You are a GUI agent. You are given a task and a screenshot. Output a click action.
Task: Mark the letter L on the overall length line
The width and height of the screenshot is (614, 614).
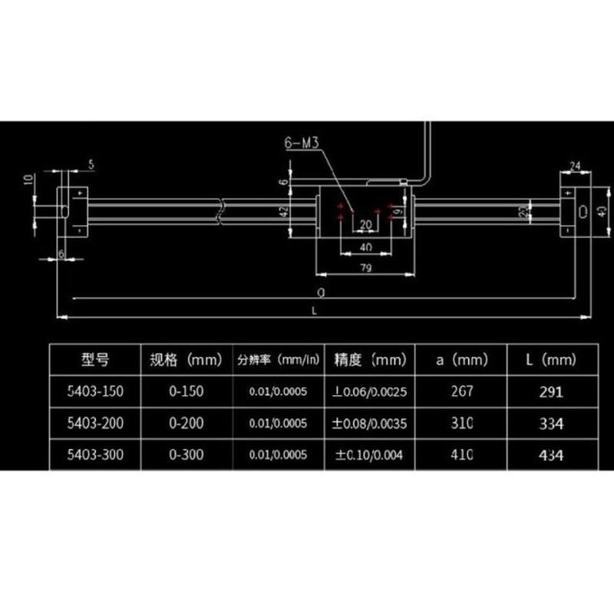coord(316,309)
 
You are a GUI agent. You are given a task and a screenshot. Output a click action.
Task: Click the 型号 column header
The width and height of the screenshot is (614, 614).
coord(95,359)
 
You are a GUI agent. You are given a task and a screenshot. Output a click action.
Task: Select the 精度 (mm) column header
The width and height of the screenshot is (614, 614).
coord(371,359)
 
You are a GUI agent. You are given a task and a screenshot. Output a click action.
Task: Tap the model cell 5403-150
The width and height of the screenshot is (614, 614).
coord(95,391)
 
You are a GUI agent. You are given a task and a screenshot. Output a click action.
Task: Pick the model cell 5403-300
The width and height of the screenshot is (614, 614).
coord(95,454)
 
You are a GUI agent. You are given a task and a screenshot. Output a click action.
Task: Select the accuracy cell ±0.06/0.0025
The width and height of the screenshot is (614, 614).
coord(371,391)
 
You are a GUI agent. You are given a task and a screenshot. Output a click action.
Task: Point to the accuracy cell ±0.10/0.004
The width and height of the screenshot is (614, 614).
coord(371,454)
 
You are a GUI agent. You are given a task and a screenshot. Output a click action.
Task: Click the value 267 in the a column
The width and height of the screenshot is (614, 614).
coord(460,391)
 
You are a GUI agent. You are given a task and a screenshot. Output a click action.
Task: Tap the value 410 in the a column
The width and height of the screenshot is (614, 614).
coord(460,454)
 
